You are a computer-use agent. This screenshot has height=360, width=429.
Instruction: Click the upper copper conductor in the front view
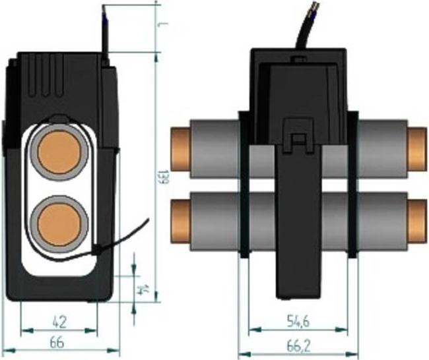(57, 151)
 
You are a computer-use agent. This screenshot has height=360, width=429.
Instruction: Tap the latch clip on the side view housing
(298, 135)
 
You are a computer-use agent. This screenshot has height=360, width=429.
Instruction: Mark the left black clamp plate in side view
(243, 185)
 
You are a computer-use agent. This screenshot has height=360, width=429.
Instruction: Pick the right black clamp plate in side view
(353, 185)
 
